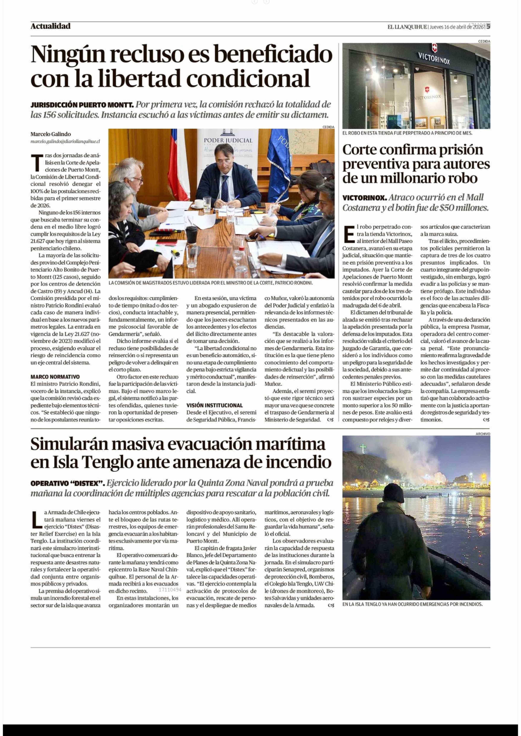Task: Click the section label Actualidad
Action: point(50,26)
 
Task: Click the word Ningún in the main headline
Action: point(67,54)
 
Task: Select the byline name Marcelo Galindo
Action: point(51,134)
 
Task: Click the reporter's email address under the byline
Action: point(65,141)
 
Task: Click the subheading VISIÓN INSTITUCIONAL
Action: point(215,405)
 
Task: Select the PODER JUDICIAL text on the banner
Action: point(228,140)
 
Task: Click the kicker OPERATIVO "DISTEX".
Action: point(67,483)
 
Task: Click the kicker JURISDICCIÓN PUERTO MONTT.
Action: point(82,105)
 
